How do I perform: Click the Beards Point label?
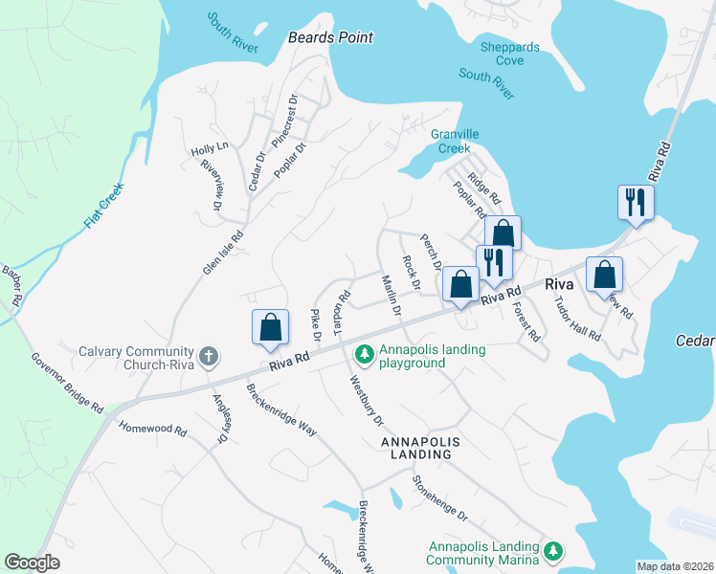(330, 37)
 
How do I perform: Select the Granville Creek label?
(454, 142)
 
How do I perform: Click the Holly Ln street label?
(210, 149)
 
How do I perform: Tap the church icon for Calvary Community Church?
(206, 357)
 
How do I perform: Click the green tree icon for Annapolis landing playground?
(364, 356)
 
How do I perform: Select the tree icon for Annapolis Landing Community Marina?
(551, 552)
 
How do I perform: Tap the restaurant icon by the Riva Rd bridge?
(635, 201)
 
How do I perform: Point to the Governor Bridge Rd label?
(66, 383)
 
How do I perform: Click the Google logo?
(32, 563)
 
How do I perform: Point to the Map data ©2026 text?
(674, 566)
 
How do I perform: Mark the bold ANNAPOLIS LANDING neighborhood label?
(421, 449)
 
